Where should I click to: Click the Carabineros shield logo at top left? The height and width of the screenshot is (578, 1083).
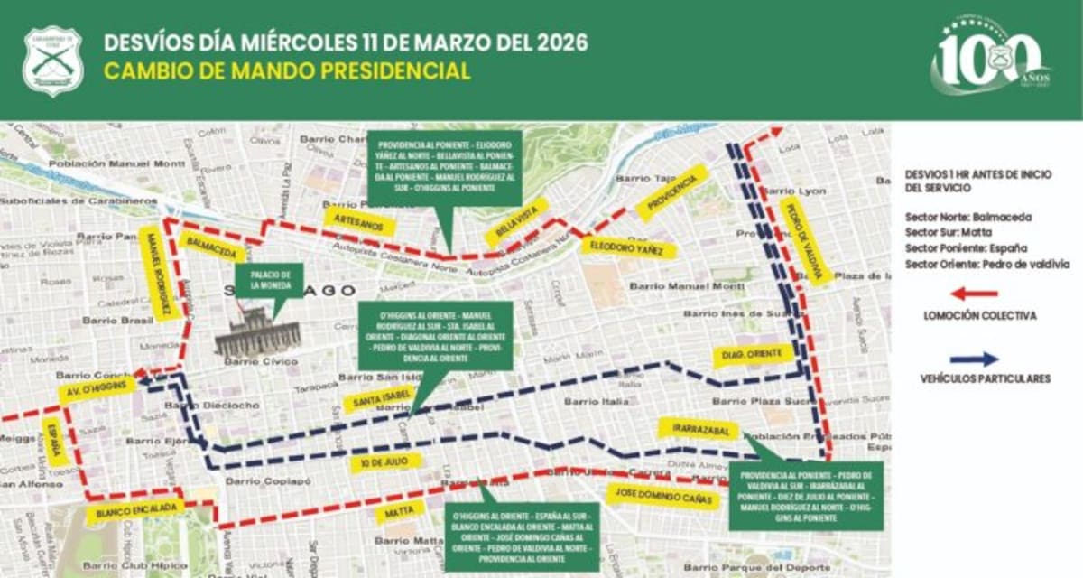pos(52,61)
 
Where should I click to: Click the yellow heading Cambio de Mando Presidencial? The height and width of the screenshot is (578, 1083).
pos(287,71)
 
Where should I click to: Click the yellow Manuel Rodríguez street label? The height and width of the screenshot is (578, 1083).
pos(157,274)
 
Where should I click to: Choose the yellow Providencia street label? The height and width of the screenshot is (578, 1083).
pos(671,192)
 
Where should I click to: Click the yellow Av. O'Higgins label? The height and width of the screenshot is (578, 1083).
pos(97,390)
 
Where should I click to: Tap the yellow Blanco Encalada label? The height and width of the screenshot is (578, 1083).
pos(135,510)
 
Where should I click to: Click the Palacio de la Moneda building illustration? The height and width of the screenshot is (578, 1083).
pos(257,334)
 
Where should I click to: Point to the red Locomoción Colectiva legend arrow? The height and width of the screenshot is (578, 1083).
pos(974,294)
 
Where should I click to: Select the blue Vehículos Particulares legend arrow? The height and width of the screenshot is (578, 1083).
pos(974,359)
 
